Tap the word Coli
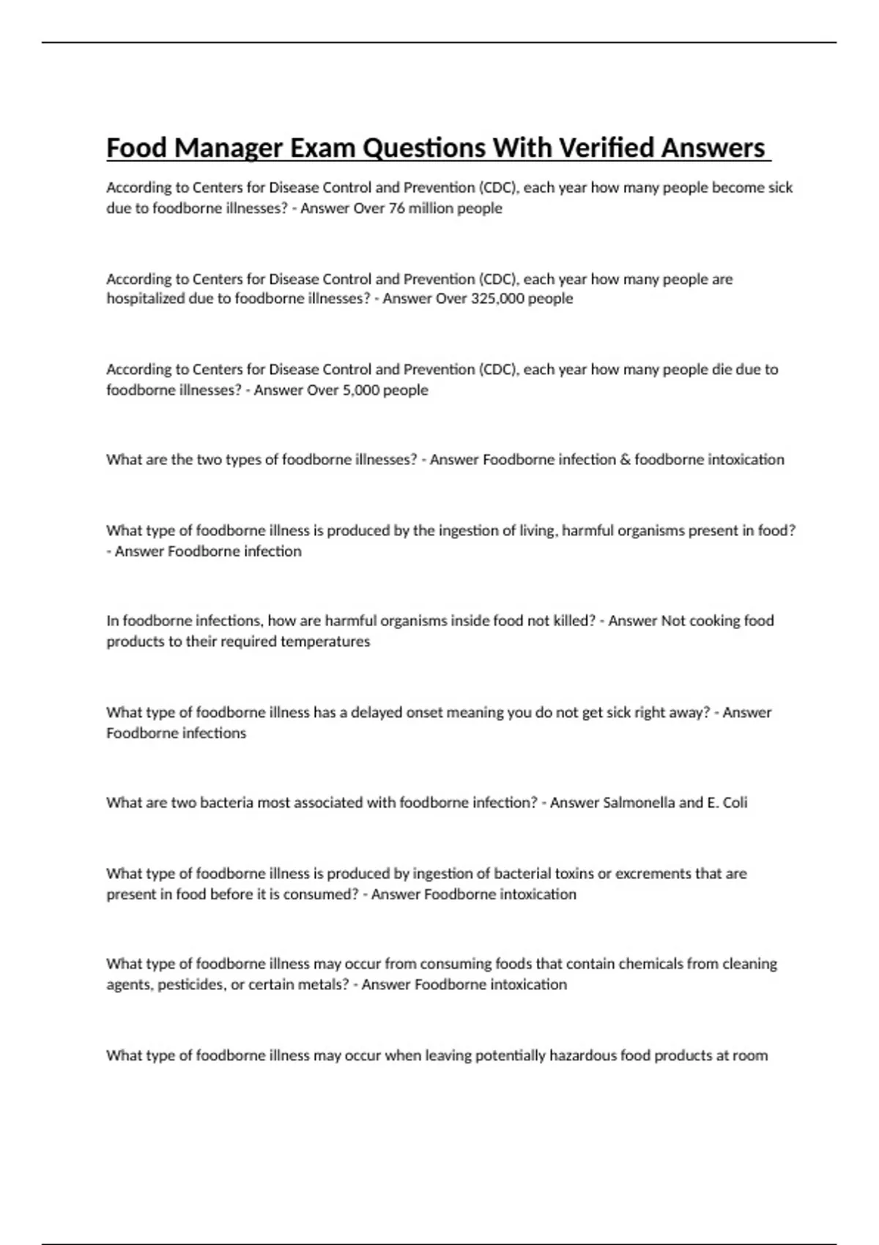coord(735,803)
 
